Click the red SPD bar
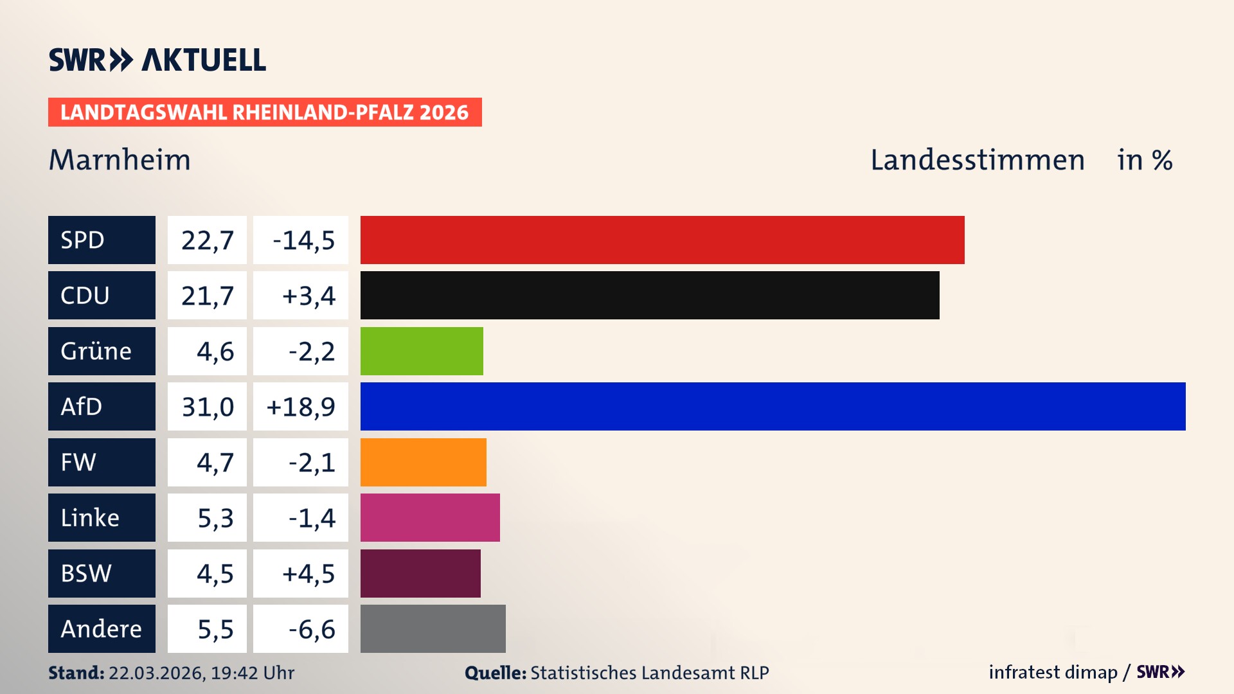coord(662,240)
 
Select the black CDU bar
coord(649,295)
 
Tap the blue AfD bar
coord(773,406)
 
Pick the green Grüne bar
coord(422,351)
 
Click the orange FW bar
coord(423,462)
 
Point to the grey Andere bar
coord(433,628)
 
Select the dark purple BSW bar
coord(420,573)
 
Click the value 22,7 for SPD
coord(207,240)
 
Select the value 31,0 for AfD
coord(207,407)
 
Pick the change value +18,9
coord(301,407)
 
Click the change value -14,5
coord(303,240)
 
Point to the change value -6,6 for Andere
coord(311,629)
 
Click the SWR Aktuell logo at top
coord(157,60)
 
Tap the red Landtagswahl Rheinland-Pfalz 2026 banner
coord(265,112)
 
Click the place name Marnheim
coord(120,159)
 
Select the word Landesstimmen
coord(977,159)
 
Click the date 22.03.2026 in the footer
coord(156,673)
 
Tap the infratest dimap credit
coord(1053,672)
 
